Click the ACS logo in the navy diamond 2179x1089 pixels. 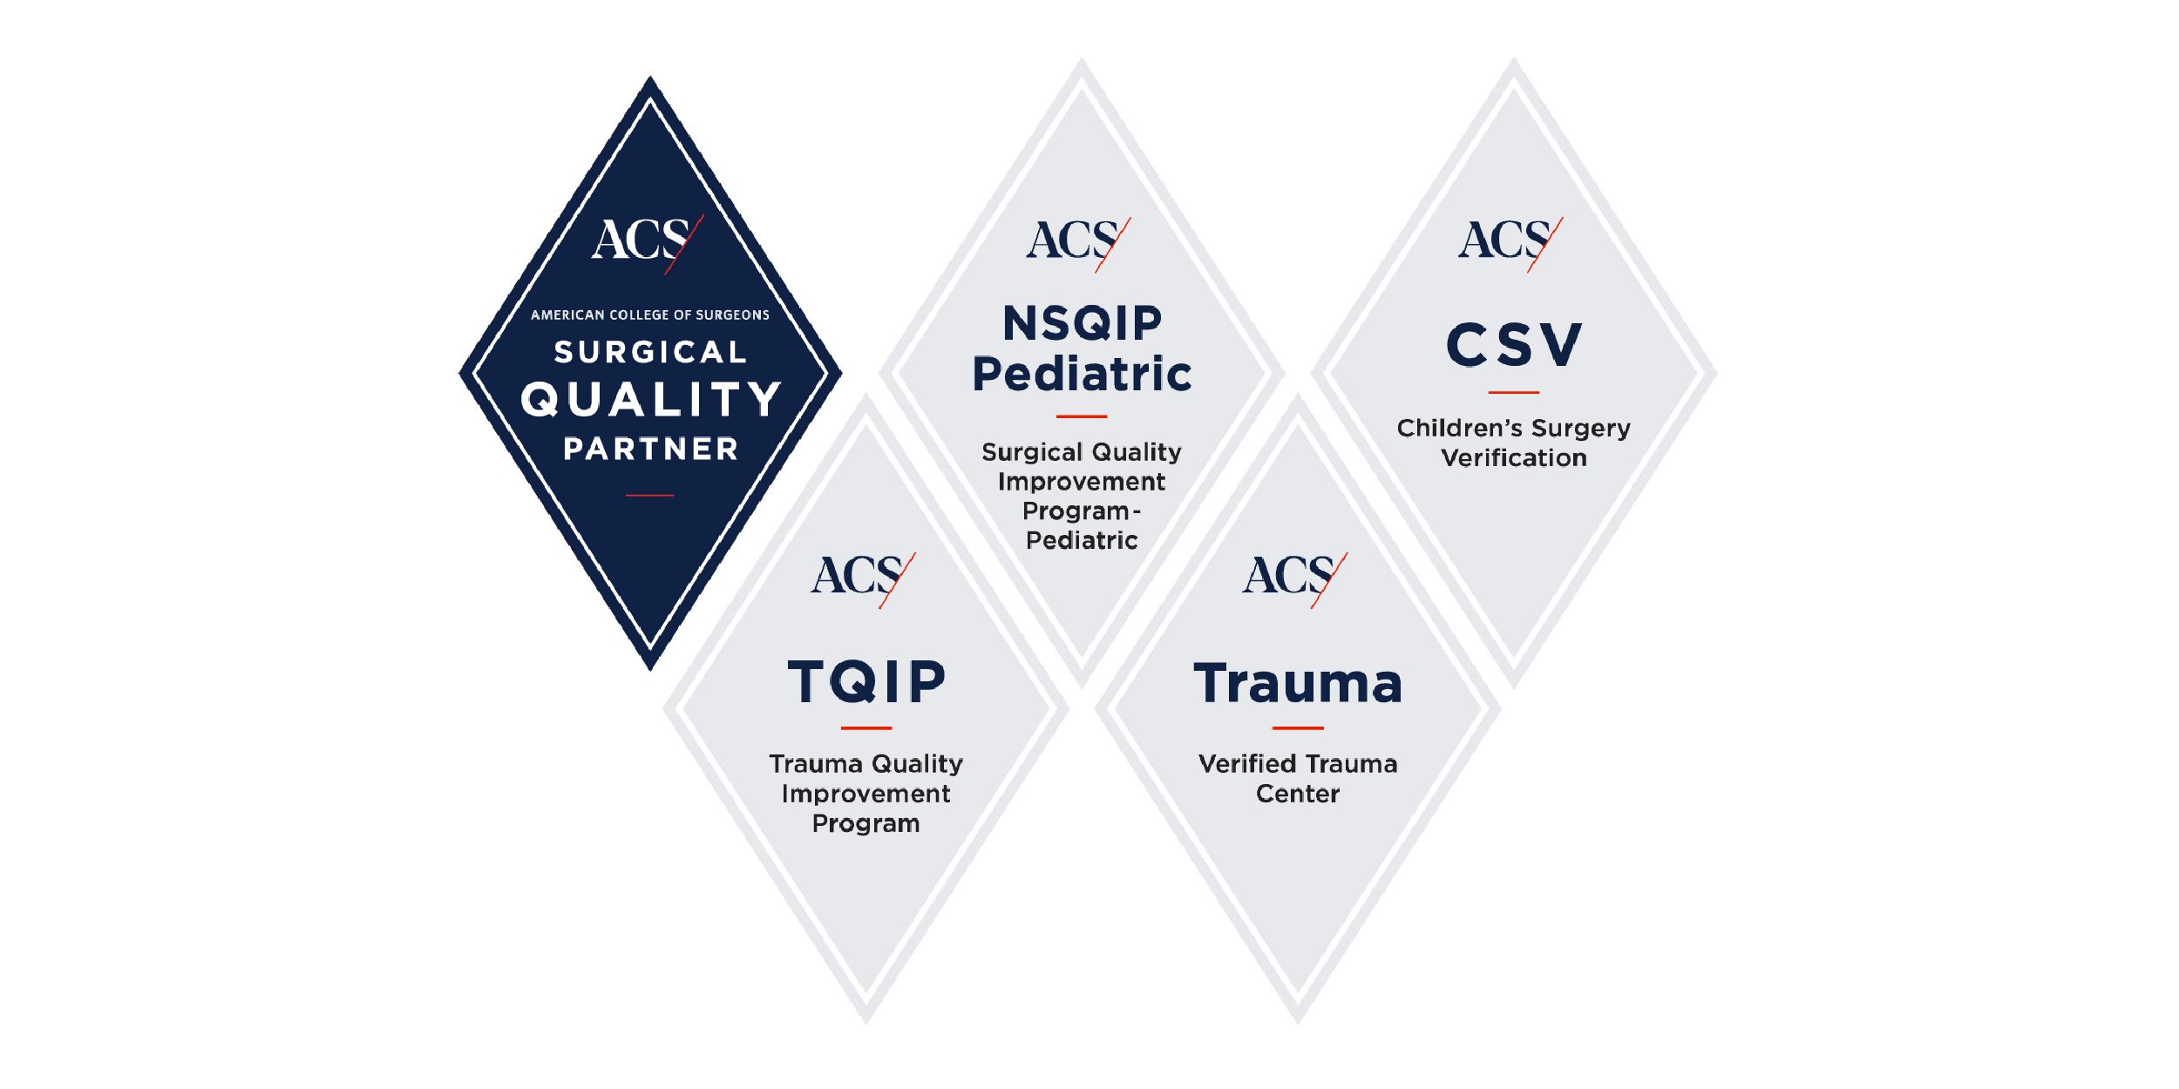click(x=647, y=242)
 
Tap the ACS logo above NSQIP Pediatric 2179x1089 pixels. click(x=1078, y=243)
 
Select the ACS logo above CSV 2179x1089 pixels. click(x=1510, y=243)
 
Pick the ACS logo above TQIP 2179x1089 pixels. click(x=863, y=578)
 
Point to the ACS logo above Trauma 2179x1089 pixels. click(x=1294, y=578)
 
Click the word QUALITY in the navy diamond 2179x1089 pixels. click(x=650, y=399)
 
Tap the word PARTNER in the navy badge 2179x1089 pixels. click(x=650, y=449)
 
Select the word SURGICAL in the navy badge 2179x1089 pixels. click(x=650, y=352)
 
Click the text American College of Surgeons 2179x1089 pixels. click(x=650, y=315)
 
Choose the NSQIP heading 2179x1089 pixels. click(x=1082, y=323)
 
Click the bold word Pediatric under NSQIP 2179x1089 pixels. click(x=1082, y=375)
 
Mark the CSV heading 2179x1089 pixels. click(x=1514, y=344)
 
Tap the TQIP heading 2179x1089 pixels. click(x=866, y=681)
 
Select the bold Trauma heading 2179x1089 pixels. click(x=1298, y=683)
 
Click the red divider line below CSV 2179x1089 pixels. click(x=1514, y=393)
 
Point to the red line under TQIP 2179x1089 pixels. click(x=866, y=728)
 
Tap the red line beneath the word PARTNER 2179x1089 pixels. click(x=650, y=496)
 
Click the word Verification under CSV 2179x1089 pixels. click(x=1514, y=458)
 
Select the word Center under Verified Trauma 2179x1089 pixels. click(x=1298, y=794)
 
